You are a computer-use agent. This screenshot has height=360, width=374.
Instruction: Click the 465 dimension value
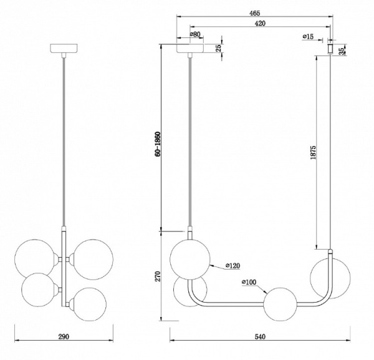[254, 13]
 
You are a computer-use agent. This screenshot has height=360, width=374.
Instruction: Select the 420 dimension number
[260, 23]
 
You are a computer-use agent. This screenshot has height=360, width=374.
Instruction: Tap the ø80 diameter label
[195, 34]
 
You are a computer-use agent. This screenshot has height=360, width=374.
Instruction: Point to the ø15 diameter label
[308, 37]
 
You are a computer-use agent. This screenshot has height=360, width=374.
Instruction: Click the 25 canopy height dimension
[218, 49]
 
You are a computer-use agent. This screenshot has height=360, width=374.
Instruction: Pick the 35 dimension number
[342, 51]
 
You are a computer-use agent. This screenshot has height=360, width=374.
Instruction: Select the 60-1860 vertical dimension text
[158, 144]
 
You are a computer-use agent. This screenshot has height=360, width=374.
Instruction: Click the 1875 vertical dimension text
[313, 152]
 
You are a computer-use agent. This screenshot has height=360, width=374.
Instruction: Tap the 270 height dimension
[158, 276]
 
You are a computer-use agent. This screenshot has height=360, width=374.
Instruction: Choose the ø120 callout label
[233, 265]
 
